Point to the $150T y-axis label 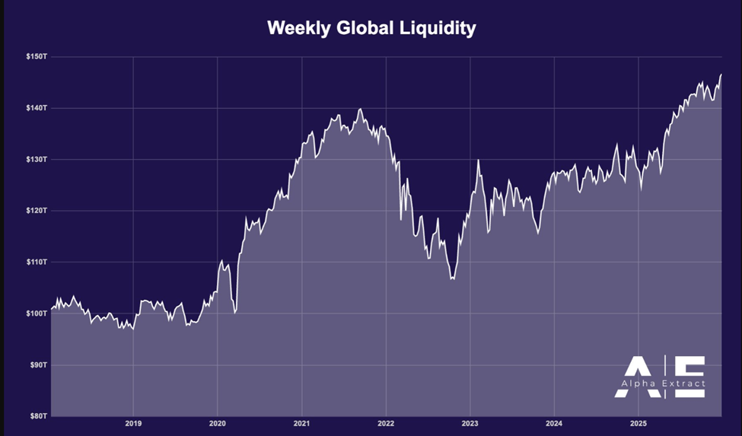(36, 56)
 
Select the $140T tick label (36, 108)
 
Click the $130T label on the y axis (36, 160)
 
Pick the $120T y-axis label (36, 211)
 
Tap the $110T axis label (36, 263)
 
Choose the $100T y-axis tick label (36, 313)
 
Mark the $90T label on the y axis (37, 365)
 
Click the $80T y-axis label (37, 416)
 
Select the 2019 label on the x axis (133, 423)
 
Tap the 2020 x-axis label (218, 423)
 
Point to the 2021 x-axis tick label (301, 423)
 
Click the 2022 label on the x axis (386, 423)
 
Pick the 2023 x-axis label (470, 423)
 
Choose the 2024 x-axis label (554, 423)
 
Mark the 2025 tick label (639, 423)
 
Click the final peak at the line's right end (721, 75)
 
